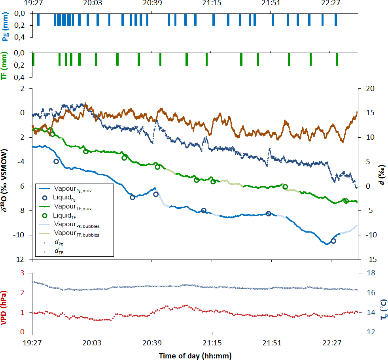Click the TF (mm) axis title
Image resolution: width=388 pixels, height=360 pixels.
click(x=5, y=65)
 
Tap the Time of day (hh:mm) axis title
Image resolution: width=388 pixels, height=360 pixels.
click(x=195, y=356)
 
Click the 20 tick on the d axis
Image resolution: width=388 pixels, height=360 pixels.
click(x=367, y=89)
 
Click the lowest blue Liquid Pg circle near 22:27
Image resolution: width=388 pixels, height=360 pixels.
click(x=333, y=241)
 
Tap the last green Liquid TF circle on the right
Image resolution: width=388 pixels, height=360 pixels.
click(x=346, y=201)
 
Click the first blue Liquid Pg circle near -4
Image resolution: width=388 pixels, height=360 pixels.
click(x=56, y=161)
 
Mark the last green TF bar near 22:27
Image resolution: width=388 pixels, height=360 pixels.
click(x=337, y=59)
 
